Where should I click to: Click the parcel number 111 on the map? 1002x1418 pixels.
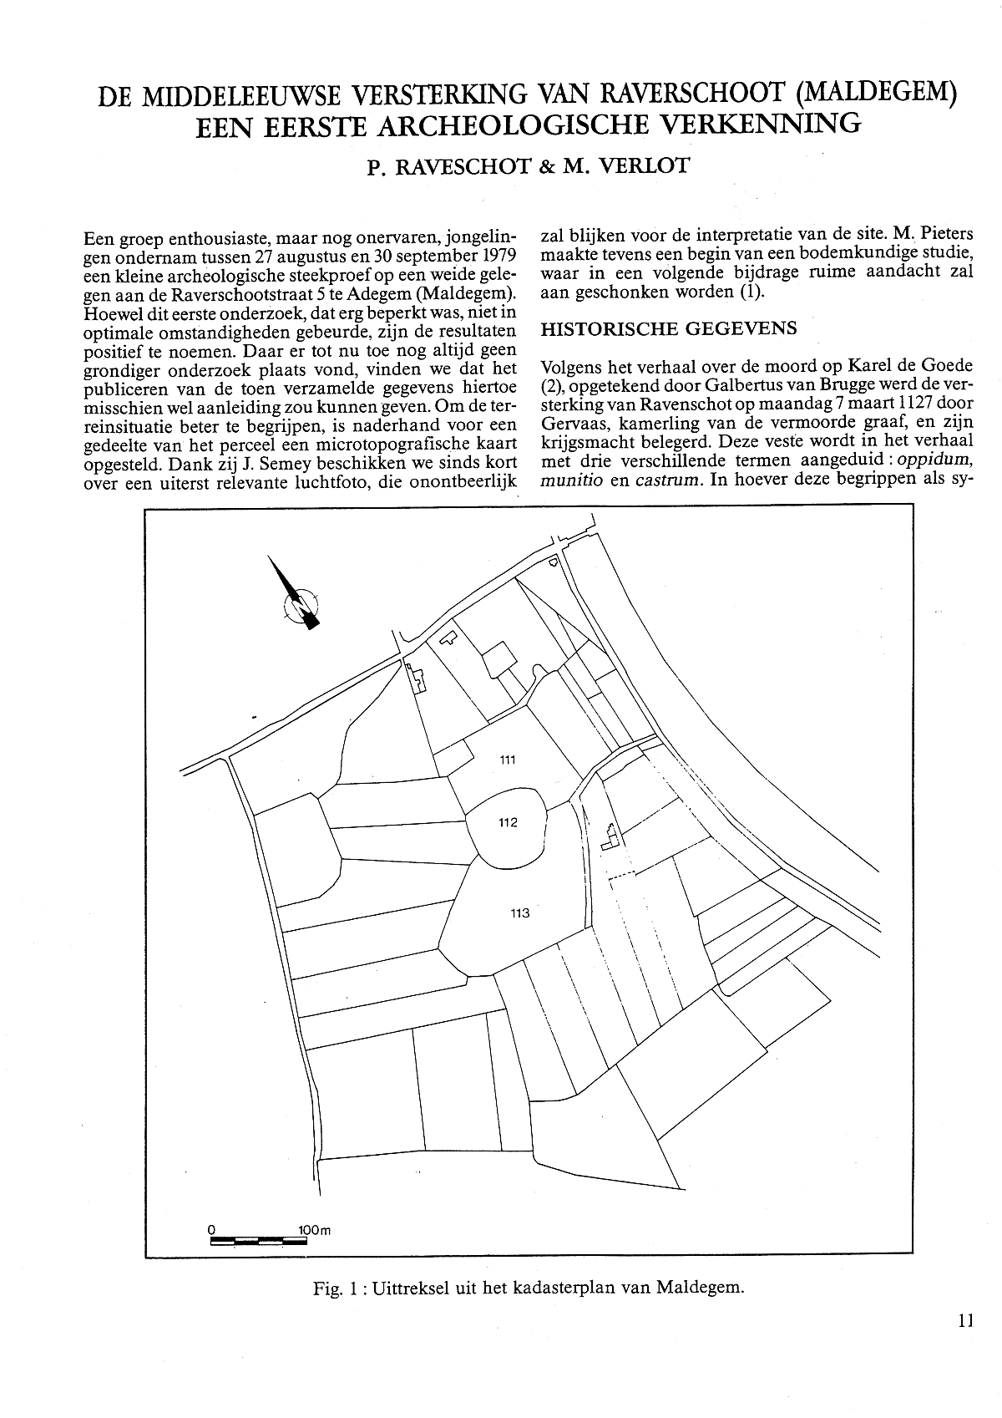point(508,760)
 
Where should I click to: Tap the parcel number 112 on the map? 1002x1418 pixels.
point(508,822)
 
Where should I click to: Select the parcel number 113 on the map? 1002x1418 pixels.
point(519,912)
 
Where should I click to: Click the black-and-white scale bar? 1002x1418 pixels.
point(258,1241)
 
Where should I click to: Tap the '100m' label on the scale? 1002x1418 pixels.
point(314,1230)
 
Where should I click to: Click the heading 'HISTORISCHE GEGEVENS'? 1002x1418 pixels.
point(669,328)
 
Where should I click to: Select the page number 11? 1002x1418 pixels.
point(967,1321)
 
